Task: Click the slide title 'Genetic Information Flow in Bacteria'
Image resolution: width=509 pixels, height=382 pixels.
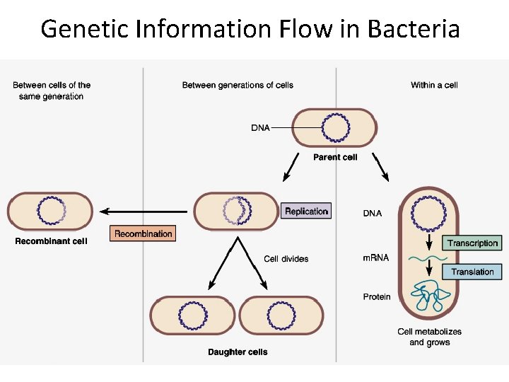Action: click(250, 29)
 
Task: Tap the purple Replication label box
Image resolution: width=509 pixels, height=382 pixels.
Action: click(306, 211)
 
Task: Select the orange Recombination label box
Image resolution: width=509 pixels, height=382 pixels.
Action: click(143, 233)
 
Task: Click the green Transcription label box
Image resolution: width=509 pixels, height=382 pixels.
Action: click(472, 243)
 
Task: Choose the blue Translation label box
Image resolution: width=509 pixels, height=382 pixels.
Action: click(472, 272)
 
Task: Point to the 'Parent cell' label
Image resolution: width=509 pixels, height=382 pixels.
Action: click(335, 157)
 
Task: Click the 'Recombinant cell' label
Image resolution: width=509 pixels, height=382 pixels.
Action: click(51, 241)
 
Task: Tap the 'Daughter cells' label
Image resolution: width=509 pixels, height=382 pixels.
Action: click(238, 352)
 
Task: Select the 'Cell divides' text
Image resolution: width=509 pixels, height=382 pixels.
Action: click(286, 259)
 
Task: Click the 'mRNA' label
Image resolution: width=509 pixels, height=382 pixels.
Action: click(375, 258)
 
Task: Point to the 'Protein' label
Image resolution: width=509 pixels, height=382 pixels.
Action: click(376, 297)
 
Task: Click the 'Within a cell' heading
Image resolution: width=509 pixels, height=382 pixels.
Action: click(434, 85)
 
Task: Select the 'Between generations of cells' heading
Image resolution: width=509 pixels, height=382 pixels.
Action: click(238, 85)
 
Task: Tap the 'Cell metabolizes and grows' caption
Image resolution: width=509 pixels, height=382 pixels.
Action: click(429, 337)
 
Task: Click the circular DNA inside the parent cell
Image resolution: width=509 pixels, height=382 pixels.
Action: click(335, 128)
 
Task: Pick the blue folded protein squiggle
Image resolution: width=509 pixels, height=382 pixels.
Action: click(429, 297)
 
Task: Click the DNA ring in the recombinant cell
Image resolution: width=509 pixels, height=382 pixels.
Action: click(51, 211)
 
